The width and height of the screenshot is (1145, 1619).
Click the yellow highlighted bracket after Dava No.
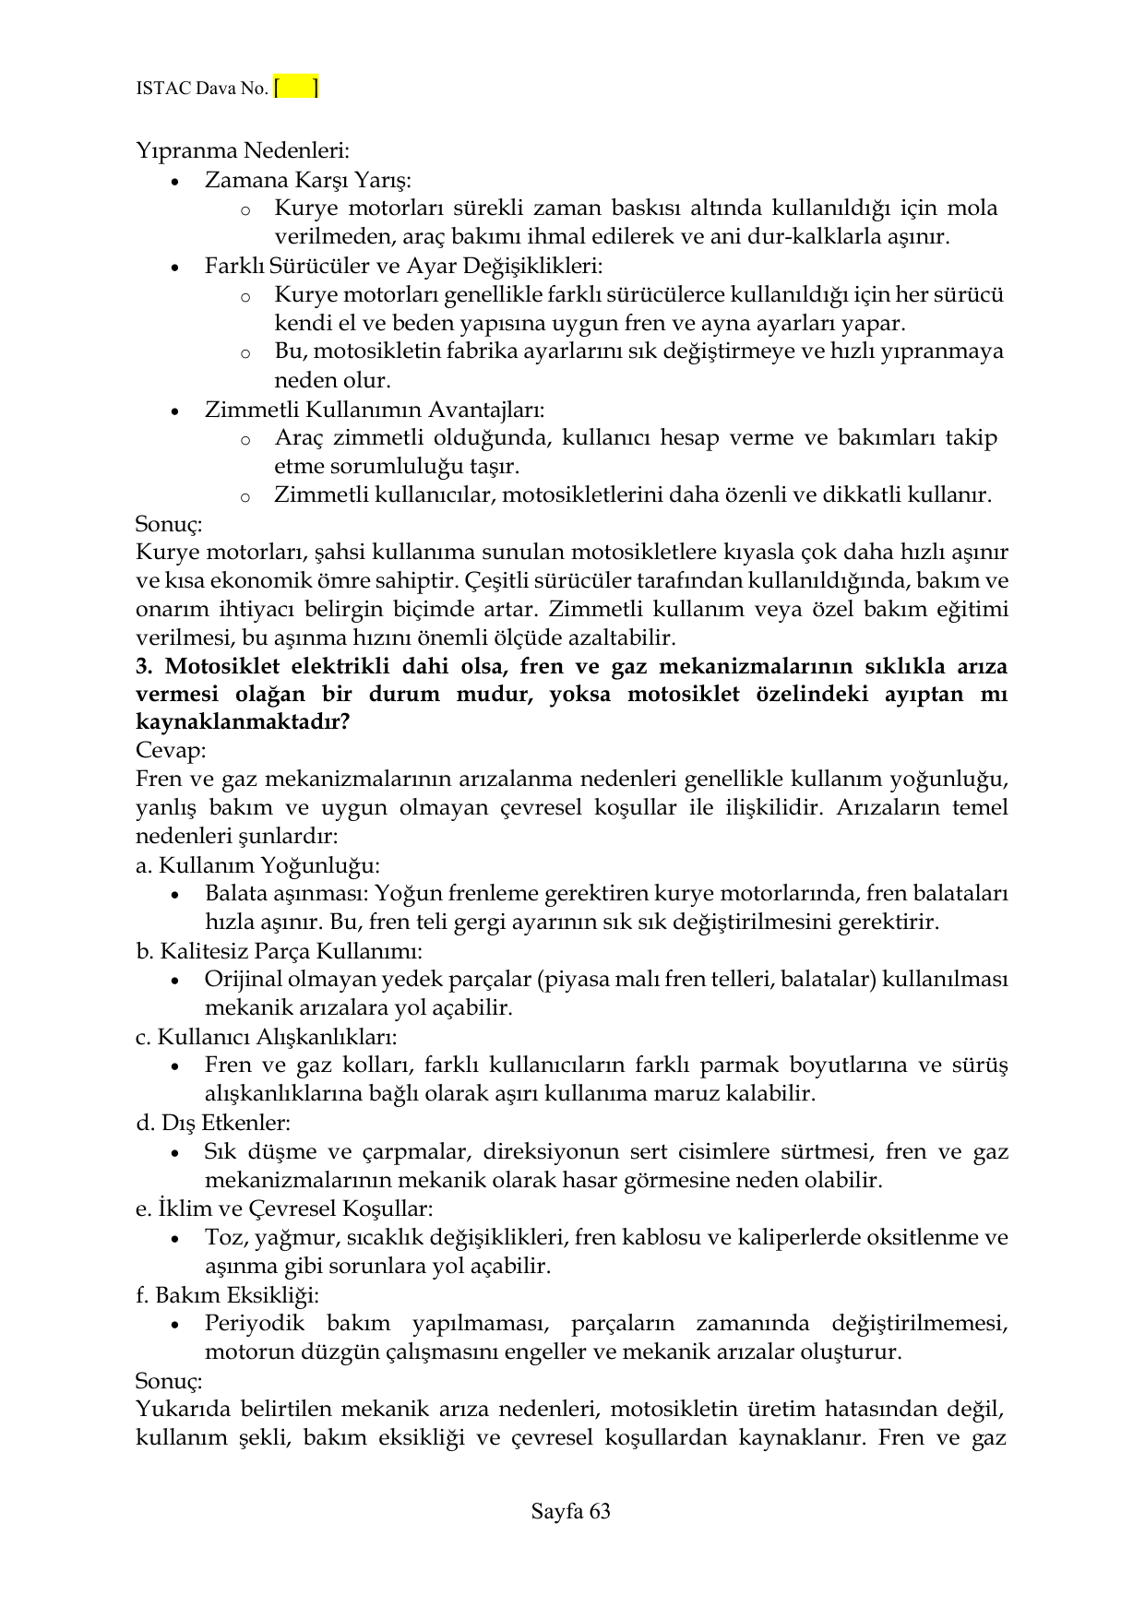pyautogui.click(x=296, y=88)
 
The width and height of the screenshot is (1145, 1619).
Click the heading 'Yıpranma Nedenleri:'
pyautogui.click(x=242, y=149)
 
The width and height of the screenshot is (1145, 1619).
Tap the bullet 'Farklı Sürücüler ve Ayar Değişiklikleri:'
pyautogui.click(x=403, y=266)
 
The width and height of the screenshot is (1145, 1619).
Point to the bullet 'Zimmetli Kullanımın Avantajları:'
pyautogui.click(x=374, y=409)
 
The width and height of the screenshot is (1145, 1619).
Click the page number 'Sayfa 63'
pyautogui.click(x=571, y=1511)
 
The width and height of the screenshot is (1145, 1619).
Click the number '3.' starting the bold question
pyautogui.click(x=145, y=666)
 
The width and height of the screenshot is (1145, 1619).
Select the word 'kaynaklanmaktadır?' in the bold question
pyautogui.click(x=242, y=722)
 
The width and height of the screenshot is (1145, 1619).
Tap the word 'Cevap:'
pyautogui.click(x=171, y=751)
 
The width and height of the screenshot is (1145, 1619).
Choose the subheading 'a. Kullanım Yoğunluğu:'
pyautogui.click(x=257, y=865)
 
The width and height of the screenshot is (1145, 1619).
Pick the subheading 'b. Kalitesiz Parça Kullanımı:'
pyautogui.click(x=279, y=950)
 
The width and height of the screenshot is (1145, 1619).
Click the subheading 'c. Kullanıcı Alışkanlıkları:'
pyautogui.click(x=267, y=1036)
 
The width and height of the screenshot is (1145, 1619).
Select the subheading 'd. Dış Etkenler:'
pyautogui.click(x=213, y=1123)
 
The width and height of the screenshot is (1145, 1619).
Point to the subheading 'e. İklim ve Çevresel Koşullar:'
pyautogui.click(x=284, y=1208)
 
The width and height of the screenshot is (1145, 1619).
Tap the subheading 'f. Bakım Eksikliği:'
pyautogui.click(x=227, y=1294)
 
